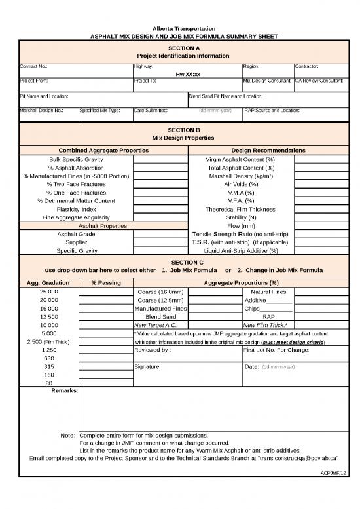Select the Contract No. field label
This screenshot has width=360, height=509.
(x=33, y=67)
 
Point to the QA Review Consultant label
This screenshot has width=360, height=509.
(x=319, y=80)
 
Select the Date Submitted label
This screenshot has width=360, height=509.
(x=150, y=110)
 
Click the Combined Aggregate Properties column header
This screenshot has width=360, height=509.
(x=103, y=151)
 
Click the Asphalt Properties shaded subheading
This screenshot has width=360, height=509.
(x=103, y=226)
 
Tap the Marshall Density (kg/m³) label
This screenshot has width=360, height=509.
(x=241, y=176)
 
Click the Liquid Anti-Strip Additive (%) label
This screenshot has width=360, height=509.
(x=241, y=250)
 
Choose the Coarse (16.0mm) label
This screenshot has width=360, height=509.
(x=160, y=291)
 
